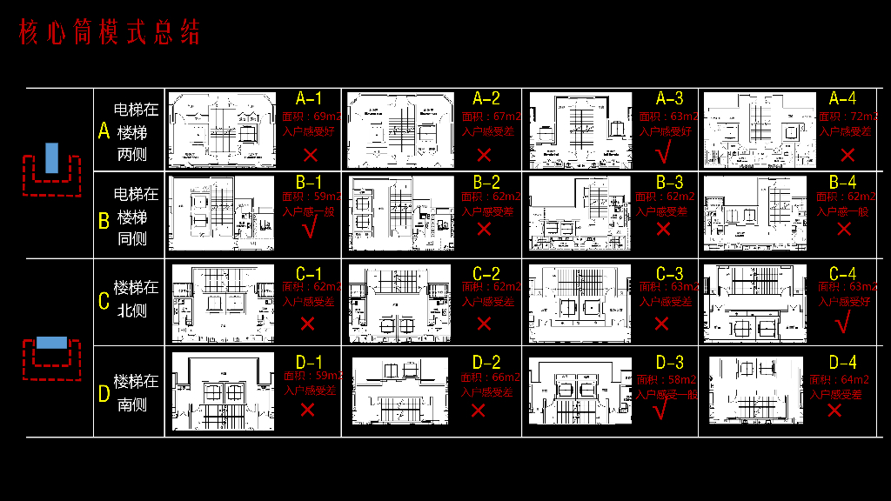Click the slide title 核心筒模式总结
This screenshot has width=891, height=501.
[110, 33]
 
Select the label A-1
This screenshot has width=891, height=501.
[309, 98]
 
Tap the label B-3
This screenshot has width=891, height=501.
[670, 183]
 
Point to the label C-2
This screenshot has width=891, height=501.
[486, 274]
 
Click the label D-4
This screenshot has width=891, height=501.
[843, 362]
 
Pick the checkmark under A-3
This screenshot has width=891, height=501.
[663, 155]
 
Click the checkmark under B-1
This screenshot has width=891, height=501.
[307, 229]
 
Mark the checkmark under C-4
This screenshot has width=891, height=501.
[841, 323]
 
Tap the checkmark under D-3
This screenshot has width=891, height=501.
[660, 409]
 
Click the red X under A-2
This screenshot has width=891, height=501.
[485, 156]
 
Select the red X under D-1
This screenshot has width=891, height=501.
[307, 410]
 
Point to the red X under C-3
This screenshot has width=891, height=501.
[661, 324]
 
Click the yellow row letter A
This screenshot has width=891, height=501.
[104, 132]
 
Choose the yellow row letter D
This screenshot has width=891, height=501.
[104, 395]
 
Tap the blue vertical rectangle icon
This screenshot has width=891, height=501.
[51, 157]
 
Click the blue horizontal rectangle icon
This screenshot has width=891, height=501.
[51, 342]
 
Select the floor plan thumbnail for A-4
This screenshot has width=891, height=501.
[760, 130]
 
